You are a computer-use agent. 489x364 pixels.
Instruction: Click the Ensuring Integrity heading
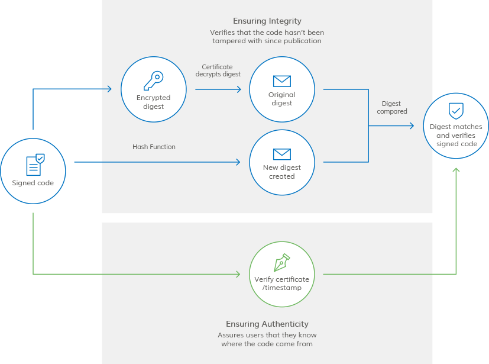(x=267, y=21)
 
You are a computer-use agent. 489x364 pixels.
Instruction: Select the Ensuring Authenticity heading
(x=267, y=324)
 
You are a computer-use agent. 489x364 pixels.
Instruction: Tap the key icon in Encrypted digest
(x=153, y=80)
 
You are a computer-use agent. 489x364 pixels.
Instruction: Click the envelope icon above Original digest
(x=281, y=80)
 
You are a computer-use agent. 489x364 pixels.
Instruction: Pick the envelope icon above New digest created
(x=281, y=154)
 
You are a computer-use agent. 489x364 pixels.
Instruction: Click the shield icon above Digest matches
(x=456, y=111)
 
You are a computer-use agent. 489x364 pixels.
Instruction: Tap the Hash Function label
(x=154, y=147)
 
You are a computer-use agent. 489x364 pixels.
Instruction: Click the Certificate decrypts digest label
(x=218, y=70)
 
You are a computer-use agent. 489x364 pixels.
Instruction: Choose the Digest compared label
(x=391, y=108)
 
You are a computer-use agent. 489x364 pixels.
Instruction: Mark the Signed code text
(x=33, y=183)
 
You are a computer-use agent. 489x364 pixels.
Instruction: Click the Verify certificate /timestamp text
(x=281, y=284)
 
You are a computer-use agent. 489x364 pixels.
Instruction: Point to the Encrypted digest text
(x=153, y=102)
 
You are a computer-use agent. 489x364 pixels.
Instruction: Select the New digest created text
(x=281, y=172)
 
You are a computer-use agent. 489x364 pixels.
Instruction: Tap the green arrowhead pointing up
(x=456, y=170)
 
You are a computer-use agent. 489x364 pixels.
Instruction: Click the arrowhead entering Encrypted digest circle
(x=109, y=89)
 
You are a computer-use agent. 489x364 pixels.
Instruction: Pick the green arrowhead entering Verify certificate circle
(x=238, y=274)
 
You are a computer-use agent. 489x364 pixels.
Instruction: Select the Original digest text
(x=281, y=99)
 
